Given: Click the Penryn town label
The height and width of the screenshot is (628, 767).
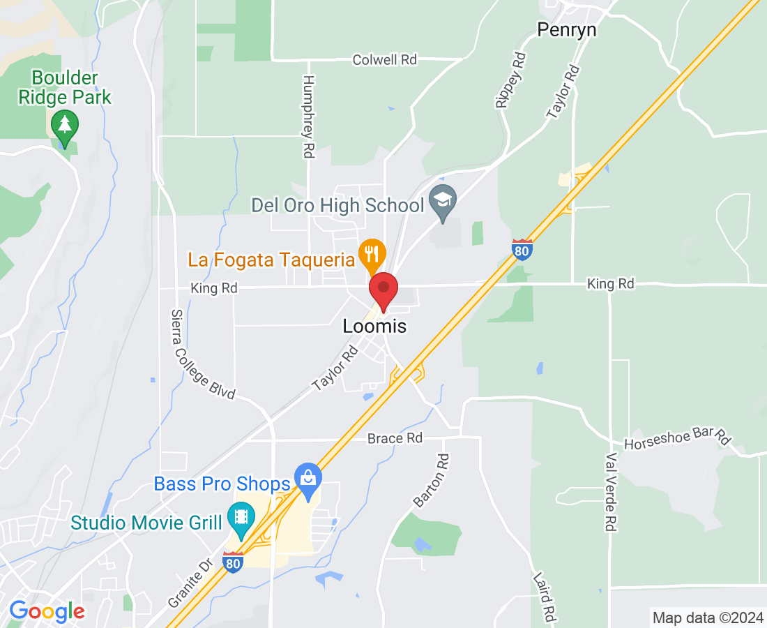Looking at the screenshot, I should pos(567,29).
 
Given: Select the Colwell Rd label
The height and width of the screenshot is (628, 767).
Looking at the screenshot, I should pos(384,60).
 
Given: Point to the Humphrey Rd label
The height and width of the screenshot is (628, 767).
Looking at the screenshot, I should pos(308,117).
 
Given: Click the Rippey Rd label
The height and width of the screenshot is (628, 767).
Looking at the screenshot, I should pos(508,79).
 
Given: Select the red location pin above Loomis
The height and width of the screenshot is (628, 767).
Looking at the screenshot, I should pos(383,291).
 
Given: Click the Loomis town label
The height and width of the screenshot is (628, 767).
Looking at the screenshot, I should pos(374,326).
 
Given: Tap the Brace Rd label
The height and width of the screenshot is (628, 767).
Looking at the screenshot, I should pos(395,438).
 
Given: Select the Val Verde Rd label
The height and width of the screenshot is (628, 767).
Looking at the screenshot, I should pos(611,493).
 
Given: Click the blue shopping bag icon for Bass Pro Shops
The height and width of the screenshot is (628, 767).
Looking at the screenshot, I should pos(307,479).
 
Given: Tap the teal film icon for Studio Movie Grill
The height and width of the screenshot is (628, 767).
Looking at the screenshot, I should pos(241,517).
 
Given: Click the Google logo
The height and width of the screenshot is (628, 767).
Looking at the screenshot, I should pos(47,612).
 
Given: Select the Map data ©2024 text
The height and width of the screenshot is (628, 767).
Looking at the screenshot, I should pos(707,618).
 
